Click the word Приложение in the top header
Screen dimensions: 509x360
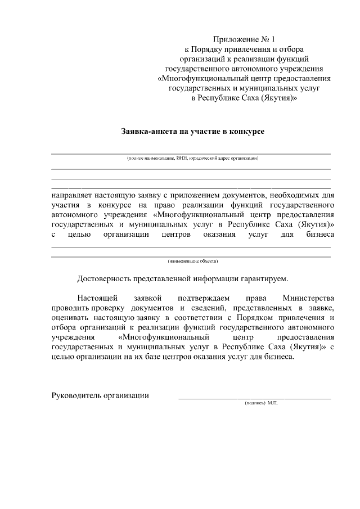[x=233, y=39]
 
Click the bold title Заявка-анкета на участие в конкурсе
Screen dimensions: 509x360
[x=193, y=131]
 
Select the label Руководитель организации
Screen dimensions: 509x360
[x=100, y=395]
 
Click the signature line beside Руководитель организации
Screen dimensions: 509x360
[x=254, y=398]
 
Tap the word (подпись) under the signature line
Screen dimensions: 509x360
[x=254, y=404]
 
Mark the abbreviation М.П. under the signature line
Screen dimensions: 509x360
[x=273, y=404]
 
